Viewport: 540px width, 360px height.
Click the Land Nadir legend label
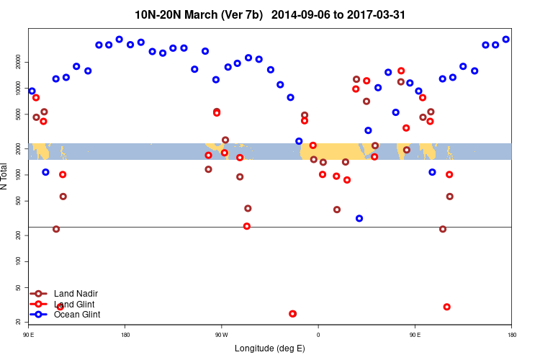76,294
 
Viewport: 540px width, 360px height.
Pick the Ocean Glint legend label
77,315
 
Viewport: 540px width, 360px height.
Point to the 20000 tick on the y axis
19,63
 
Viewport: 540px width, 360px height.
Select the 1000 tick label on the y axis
19,175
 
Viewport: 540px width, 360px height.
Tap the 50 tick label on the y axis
19,288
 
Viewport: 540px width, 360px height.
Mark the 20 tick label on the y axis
19,321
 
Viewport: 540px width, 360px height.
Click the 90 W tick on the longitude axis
221,334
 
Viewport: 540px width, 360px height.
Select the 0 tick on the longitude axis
318,334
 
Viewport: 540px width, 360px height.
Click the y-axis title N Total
6,176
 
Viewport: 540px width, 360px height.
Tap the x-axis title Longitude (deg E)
269,348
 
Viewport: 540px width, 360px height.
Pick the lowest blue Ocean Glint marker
359,218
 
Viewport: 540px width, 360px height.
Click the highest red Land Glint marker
401,71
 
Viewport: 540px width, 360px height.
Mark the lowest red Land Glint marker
292,314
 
